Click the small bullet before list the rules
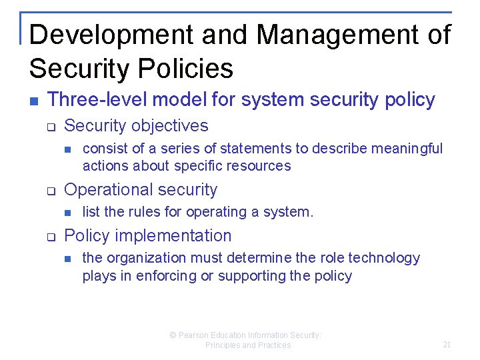point(67,213)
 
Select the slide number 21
point(447,345)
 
